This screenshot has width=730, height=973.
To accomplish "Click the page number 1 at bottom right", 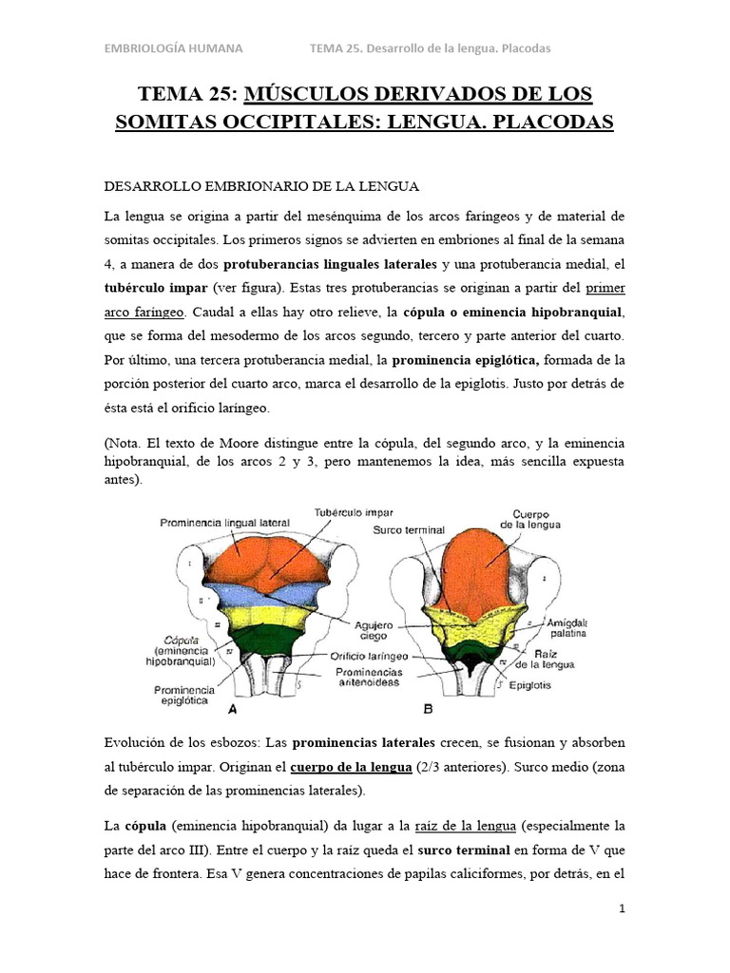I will point(622,908).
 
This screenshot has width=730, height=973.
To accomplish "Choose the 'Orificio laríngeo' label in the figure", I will point(371,656).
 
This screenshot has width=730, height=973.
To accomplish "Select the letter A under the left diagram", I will point(233,709).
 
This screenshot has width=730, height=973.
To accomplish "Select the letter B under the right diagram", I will point(427,709).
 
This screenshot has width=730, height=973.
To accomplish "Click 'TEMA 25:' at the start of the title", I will point(188,94).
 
